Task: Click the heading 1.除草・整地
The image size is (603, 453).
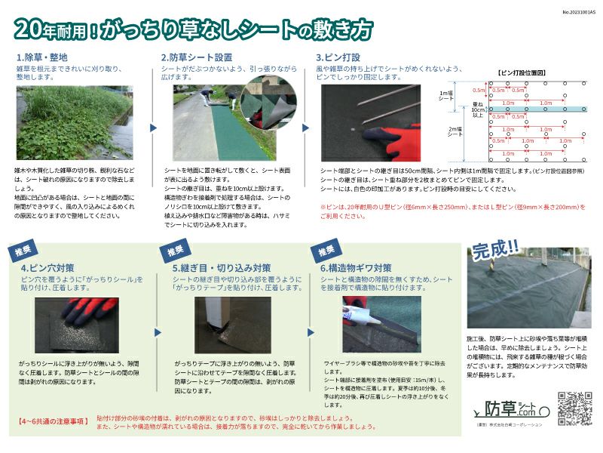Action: [42, 57]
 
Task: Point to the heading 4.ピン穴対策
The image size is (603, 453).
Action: [47, 268]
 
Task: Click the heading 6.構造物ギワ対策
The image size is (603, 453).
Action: [356, 268]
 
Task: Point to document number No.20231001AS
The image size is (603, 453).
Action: [578, 12]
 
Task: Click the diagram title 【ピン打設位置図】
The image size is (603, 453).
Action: [524, 73]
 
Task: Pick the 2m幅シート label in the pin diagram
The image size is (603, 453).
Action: [455, 131]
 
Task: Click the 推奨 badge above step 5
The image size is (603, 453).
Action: [175, 250]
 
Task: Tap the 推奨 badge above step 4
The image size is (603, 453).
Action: [23, 250]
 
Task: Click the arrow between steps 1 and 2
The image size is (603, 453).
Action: [154, 128]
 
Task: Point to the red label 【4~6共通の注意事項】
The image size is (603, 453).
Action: [51, 420]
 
